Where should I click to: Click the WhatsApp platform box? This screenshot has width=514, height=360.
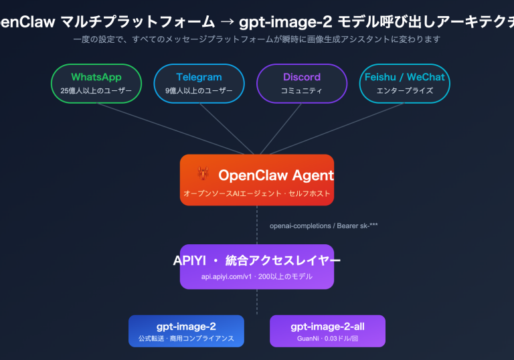(96, 83)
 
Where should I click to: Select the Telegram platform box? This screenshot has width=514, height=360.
(199, 83)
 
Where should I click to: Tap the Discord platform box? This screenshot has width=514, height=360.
(302, 83)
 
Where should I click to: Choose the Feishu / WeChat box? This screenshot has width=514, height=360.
(404, 83)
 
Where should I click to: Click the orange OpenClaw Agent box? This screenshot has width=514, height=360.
(257, 180)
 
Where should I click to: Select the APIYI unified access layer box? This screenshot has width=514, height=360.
(257, 266)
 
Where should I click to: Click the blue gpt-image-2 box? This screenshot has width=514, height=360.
(186, 331)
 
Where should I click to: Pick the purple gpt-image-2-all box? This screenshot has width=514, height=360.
(327, 331)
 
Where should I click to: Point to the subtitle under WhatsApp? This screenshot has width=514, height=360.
(96, 90)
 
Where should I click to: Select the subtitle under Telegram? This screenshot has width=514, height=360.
(199, 90)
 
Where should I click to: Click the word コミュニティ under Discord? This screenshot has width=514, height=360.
(302, 90)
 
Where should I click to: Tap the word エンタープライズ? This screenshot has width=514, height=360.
(404, 90)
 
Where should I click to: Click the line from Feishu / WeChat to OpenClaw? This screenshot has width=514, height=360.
(335, 128)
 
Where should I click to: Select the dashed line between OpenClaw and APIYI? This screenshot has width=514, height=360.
(257, 225)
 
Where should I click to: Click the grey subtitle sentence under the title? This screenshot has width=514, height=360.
(257, 39)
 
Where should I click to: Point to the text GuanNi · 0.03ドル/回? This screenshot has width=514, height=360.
(327, 339)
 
